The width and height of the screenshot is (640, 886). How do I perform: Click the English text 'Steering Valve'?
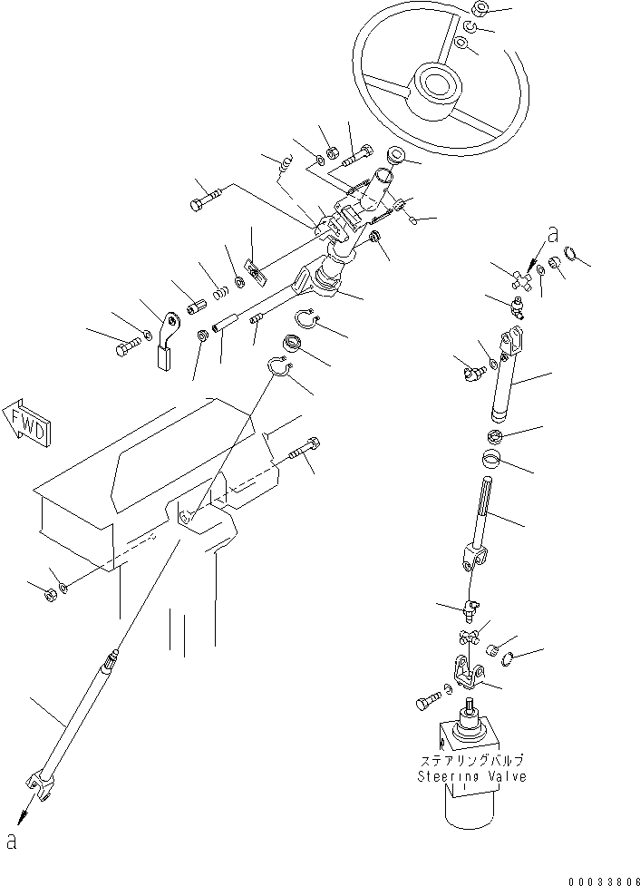coord(470,776)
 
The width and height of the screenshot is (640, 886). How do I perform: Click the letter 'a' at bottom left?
coord(11,842)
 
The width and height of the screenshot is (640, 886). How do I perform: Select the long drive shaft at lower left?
coord(77,716)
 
